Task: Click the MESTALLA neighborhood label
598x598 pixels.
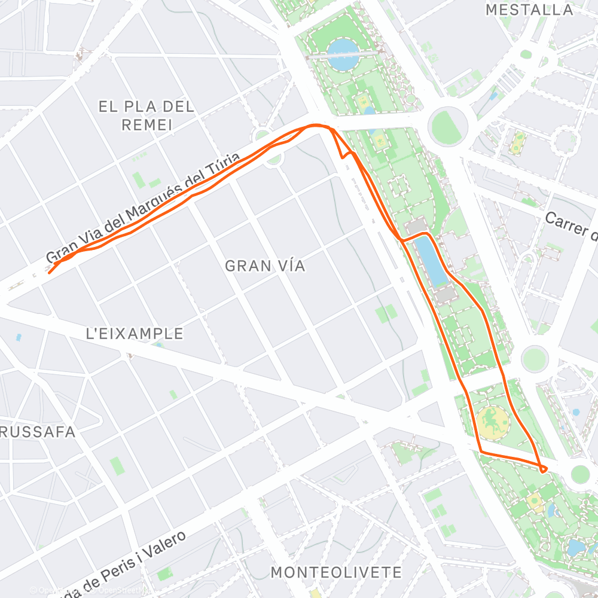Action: point(529,10)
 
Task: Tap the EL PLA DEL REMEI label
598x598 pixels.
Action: point(147,115)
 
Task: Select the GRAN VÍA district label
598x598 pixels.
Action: point(265,266)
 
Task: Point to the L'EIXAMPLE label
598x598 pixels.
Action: point(135,334)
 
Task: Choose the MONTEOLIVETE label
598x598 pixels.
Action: point(336,572)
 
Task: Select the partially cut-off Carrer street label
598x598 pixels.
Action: point(570,225)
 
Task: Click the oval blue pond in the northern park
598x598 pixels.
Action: point(340,50)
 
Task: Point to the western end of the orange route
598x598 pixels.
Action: point(49,273)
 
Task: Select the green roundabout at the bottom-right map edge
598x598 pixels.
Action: point(579,474)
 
